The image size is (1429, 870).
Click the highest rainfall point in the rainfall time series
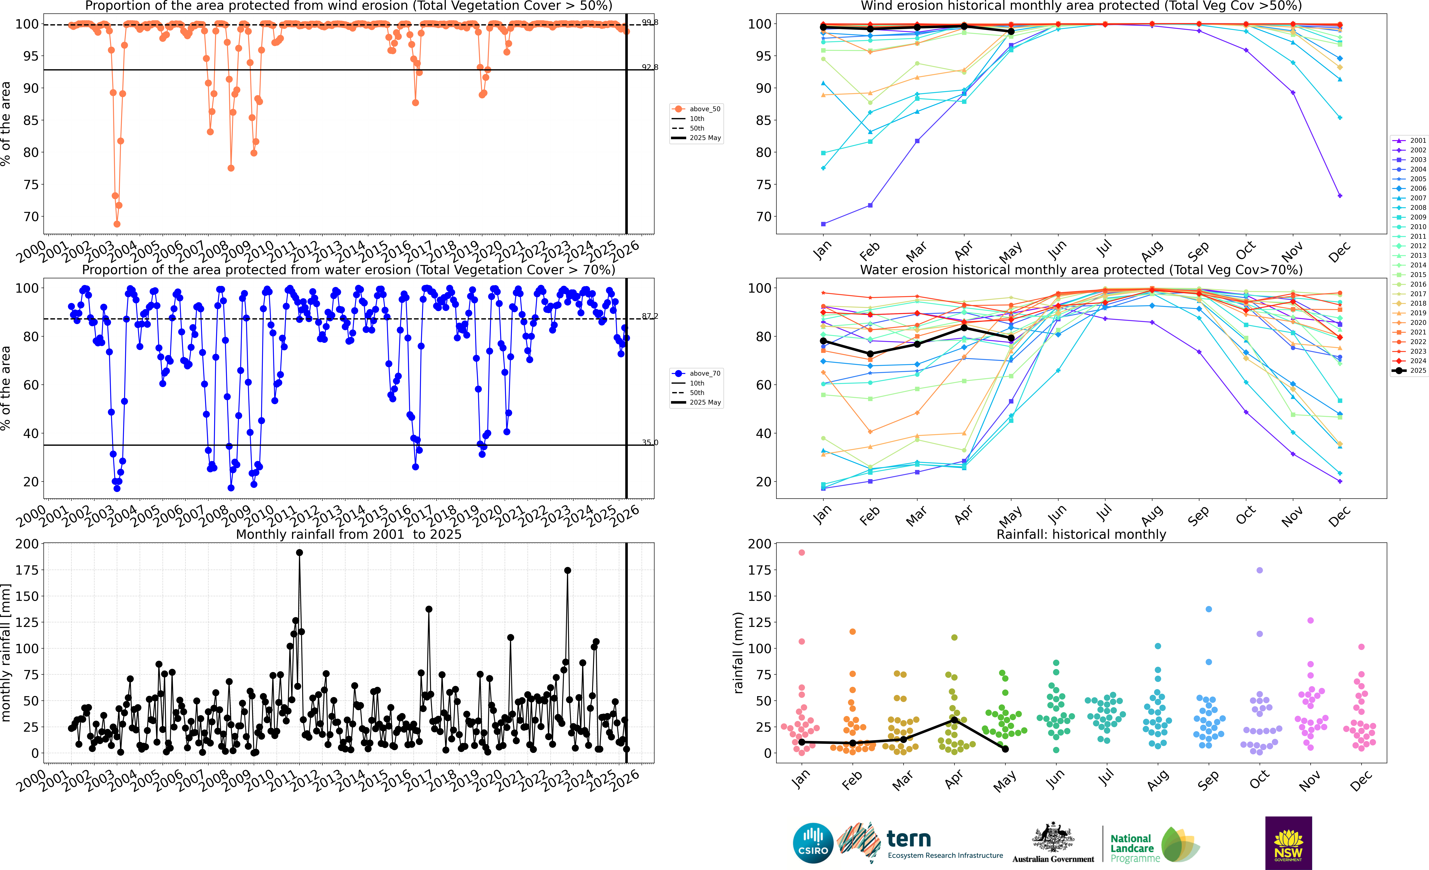(x=299, y=553)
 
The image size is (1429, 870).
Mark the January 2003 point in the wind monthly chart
(x=824, y=224)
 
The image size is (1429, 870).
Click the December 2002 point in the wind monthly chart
(x=1340, y=196)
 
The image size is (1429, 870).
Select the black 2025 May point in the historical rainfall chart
(x=1005, y=749)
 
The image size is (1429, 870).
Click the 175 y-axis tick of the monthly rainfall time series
(x=27, y=570)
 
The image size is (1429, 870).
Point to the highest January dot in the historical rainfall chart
(x=801, y=553)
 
